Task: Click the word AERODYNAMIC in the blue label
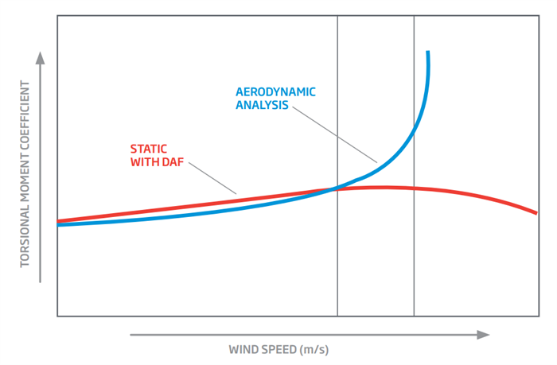pyautogui.click(x=275, y=91)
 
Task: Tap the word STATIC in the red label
pyautogui.click(x=147, y=148)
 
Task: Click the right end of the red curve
pyautogui.click(x=536, y=212)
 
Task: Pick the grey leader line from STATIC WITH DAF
pyautogui.click(x=213, y=177)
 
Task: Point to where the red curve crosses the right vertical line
pyautogui.click(x=414, y=188)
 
